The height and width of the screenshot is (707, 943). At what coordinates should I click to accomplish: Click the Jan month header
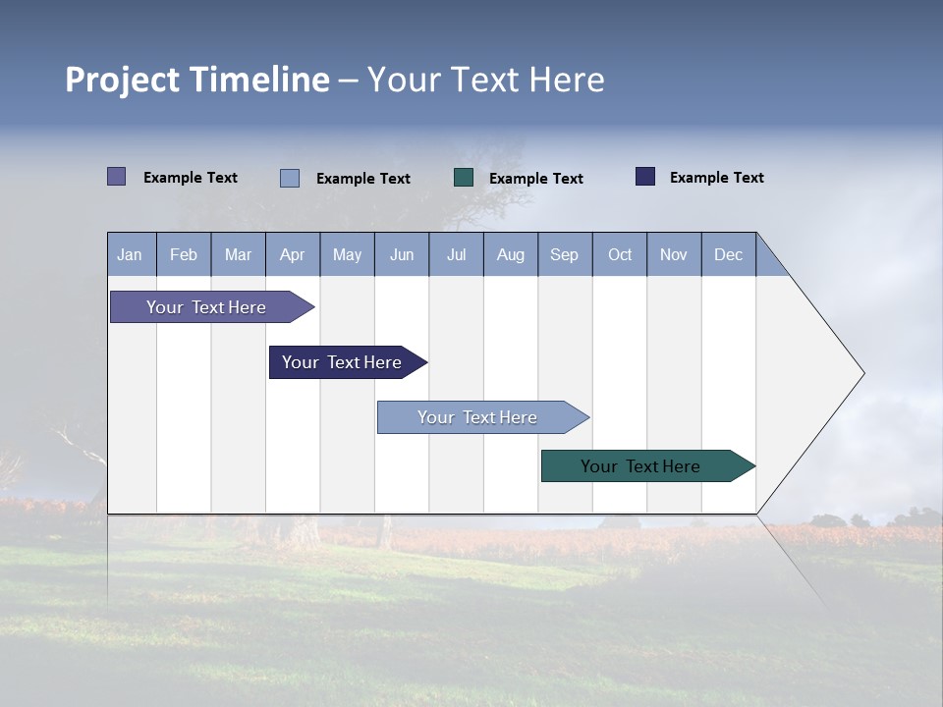click(130, 255)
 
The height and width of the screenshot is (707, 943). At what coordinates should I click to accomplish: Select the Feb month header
click(184, 255)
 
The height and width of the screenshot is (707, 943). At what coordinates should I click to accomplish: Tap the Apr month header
click(293, 255)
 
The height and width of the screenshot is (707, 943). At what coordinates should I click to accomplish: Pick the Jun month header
click(402, 255)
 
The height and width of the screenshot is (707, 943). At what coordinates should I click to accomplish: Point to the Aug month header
click(511, 255)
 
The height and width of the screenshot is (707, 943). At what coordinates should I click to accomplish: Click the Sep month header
click(565, 255)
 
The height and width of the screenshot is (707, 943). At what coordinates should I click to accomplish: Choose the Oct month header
click(620, 255)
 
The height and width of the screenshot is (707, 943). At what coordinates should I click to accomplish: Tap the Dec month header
click(729, 255)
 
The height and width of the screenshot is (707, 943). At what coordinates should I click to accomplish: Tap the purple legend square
click(117, 177)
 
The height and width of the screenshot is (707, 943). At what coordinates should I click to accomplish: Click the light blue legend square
click(290, 178)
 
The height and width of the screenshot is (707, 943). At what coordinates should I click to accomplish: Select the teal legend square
click(464, 178)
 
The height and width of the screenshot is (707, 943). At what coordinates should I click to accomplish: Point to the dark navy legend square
click(645, 177)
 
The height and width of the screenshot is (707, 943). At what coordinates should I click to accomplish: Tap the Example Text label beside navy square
click(717, 178)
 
